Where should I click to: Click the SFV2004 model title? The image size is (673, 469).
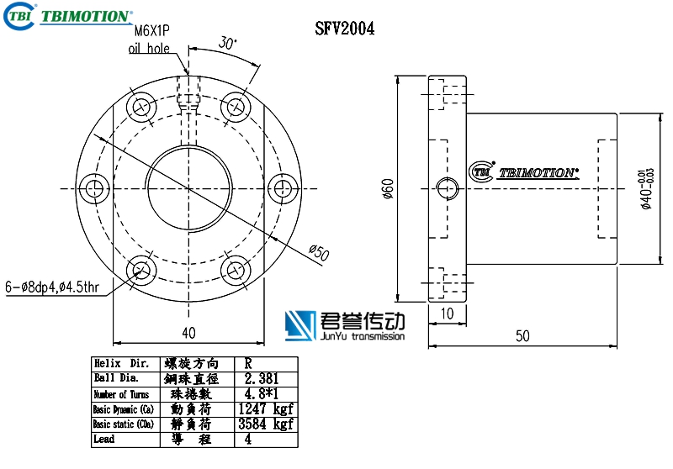(344, 29)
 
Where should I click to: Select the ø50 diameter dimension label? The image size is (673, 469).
(319, 251)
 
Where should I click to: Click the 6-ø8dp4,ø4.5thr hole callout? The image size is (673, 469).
(52, 287)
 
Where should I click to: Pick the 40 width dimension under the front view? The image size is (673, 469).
(188, 333)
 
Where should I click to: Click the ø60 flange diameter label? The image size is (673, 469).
(388, 190)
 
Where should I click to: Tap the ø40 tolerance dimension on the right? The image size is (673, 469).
(646, 188)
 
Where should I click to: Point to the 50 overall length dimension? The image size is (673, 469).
(522, 335)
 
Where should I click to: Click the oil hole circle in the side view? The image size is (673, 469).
(446, 187)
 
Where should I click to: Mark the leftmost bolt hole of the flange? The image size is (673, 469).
(93, 187)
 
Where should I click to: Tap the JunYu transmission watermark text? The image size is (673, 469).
(363, 336)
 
